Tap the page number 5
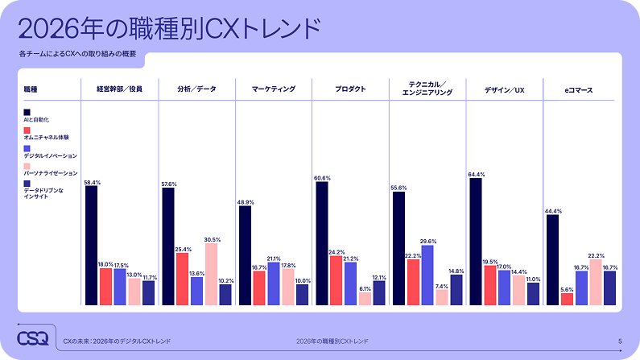(x=619, y=341)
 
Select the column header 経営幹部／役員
(x=120, y=89)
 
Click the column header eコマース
(x=578, y=89)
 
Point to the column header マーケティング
(x=274, y=89)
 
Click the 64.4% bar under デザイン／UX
(x=475, y=242)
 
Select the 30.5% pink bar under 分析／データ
(x=211, y=274)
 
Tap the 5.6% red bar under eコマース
(x=567, y=299)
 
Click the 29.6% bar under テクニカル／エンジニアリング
(x=427, y=275)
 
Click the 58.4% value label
(x=92, y=183)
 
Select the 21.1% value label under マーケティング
(x=274, y=259)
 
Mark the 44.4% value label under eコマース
(x=552, y=211)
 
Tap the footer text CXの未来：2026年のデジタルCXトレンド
(x=117, y=341)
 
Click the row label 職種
(x=31, y=89)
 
